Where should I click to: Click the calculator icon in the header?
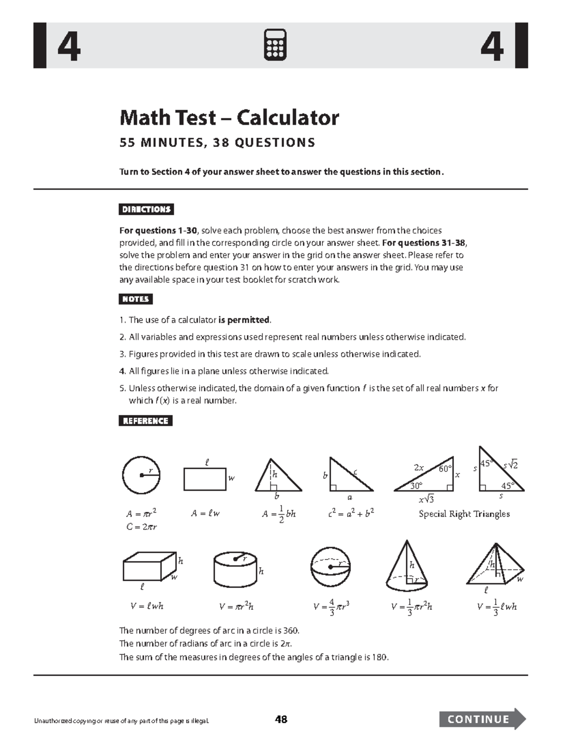click(275, 45)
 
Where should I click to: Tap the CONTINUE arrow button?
click(481, 719)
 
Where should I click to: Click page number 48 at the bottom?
click(281, 719)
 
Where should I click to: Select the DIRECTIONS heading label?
click(146, 209)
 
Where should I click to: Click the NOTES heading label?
click(135, 299)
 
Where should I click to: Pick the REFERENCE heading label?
click(145, 421)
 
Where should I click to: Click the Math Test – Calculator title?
click(229, 118)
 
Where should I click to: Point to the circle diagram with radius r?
click(141, 475)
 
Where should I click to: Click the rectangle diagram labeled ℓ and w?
click(205, 479)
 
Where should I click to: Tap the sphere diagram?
click(330, 567)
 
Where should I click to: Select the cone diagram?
click(406, 566)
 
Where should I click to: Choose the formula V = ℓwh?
click(147, 606)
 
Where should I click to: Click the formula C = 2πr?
click(141, 527)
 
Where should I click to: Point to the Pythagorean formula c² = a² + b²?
click(351, 513)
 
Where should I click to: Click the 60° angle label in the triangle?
click(445, 469)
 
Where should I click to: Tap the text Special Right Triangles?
click(464, 514)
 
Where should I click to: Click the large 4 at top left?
click(69, 47)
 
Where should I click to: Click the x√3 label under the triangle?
click(426, 499)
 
